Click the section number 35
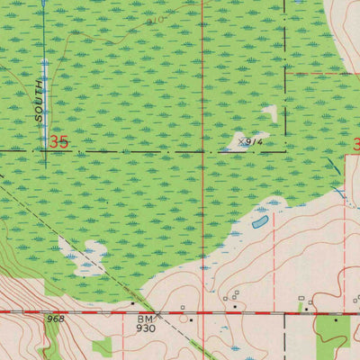coord(59,142)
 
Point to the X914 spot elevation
coord(250,142)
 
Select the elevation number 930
coord(146,329)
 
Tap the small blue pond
coord(260,221)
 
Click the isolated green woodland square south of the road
coord(103,346)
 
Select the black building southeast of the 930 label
coord(191,319)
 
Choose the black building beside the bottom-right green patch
coord(337,319)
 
